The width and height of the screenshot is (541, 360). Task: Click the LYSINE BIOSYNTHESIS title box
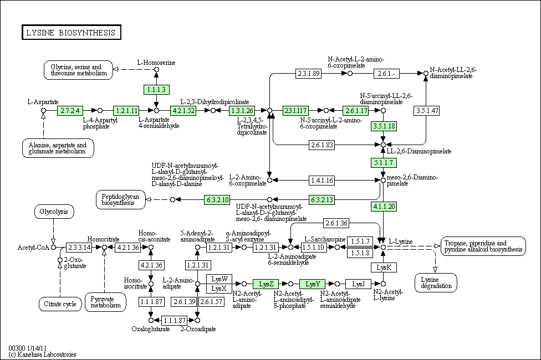tap(71, 33)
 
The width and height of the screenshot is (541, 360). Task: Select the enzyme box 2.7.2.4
tap(70, 110)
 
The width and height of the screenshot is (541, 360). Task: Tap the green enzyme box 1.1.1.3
tap(156, 89)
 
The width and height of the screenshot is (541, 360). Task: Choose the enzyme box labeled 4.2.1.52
tap(184, 110)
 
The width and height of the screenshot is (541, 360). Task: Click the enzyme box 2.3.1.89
tap(309, 73)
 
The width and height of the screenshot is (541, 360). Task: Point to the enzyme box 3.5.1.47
tap(427, 110)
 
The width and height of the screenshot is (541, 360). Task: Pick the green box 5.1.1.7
tap(383, 163)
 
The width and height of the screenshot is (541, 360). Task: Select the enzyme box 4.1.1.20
tap(383, 206)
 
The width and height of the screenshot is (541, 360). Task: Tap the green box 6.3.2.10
tap(217, 199)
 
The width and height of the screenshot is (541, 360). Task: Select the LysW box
tap(219, 278)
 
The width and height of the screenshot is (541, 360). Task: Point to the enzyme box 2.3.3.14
tap(79, 247)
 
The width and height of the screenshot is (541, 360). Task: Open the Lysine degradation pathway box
tap(436, 282)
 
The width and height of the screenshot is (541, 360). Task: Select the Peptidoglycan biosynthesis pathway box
tap(121, 199)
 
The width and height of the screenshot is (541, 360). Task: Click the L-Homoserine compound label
tap(156, 63)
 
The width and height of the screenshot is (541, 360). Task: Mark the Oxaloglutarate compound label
tap(149, 329)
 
